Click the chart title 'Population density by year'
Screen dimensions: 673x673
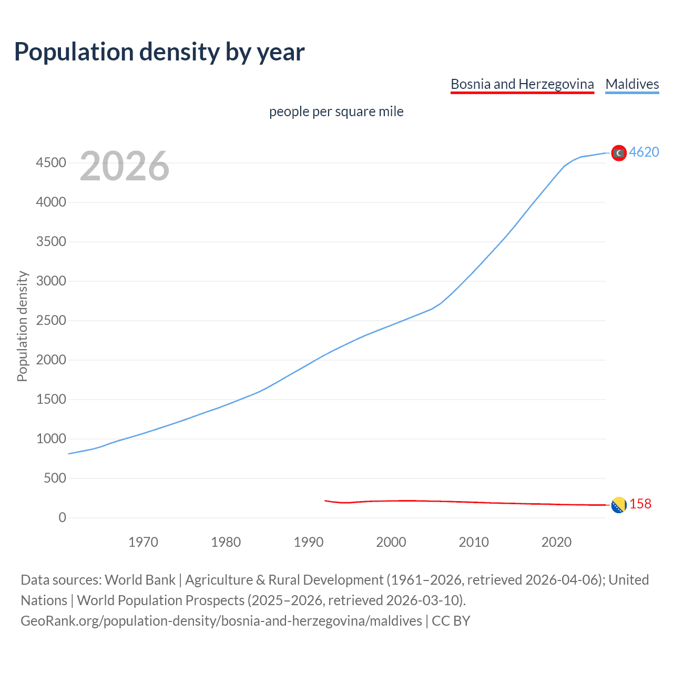[x=159, y=52]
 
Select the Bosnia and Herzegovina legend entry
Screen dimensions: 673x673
[x=522, y=84]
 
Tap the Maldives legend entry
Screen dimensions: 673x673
[x=632, y=84]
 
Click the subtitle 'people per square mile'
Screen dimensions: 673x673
[x=336, y=111]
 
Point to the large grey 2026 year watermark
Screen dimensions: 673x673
[x=125, y=166]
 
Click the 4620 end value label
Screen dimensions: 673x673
[x=644, y=152]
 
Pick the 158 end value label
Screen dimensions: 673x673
[x=640, y=504]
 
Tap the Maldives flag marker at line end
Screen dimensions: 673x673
[x=619, y=152]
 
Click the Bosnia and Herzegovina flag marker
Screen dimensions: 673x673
[x=619, y=505]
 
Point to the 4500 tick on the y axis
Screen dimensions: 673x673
[x=51, y=163]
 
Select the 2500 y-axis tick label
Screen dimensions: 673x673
[x=51, y=321]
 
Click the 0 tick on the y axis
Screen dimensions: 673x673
[x=63, y=518]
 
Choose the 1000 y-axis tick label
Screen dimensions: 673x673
[x=51, y=439]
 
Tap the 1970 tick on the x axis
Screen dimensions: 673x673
[x=143, y=542]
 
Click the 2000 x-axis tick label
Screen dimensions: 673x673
[x=391, y=542]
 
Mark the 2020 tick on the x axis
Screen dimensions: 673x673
[x=556, y=542]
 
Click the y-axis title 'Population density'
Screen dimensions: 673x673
[x=22, y=326]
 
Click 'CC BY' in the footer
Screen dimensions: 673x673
[x=451, y=621]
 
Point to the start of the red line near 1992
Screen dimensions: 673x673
[x=325, y=501]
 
